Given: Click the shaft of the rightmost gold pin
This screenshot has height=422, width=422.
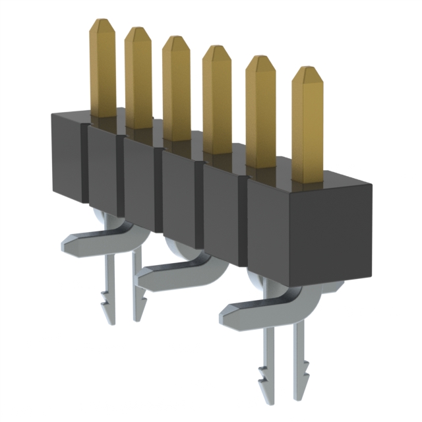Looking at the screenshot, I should [308, 125].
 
